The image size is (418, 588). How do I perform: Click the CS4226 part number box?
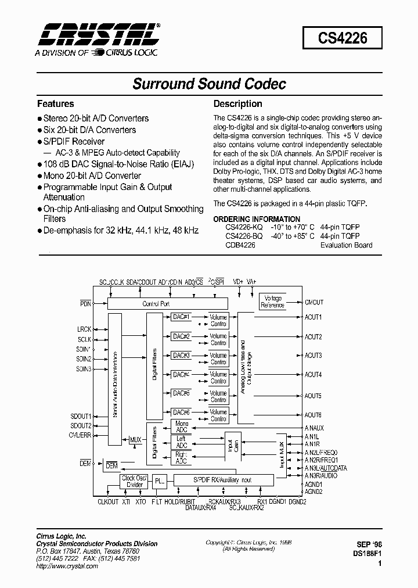tap(343, 40)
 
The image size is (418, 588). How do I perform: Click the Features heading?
tap(55, 104)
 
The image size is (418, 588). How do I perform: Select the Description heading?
tap(237, 104)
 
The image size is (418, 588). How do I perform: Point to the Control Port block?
tap(156, 303)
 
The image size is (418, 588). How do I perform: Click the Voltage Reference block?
tap(273, 302)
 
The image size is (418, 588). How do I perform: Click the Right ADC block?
tap(181, 457)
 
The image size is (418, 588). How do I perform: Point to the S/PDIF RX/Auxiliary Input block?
tap(222, 481)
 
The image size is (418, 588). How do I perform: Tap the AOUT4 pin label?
tap(313, 375)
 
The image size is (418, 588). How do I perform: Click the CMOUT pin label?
tap(313, 303)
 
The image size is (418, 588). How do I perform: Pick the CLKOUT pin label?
tap(108, 501)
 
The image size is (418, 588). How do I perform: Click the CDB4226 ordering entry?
tap(240, 245)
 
